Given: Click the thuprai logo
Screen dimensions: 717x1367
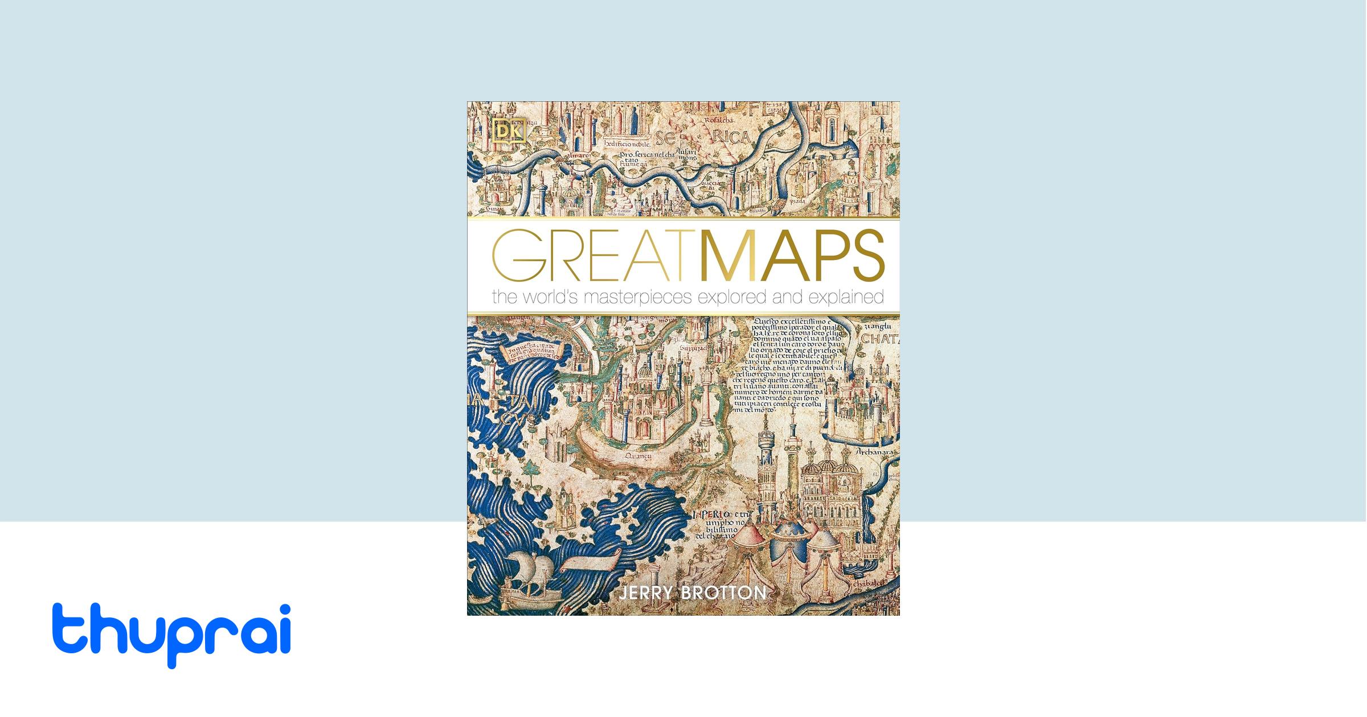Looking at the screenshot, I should (x=171, y=634).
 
